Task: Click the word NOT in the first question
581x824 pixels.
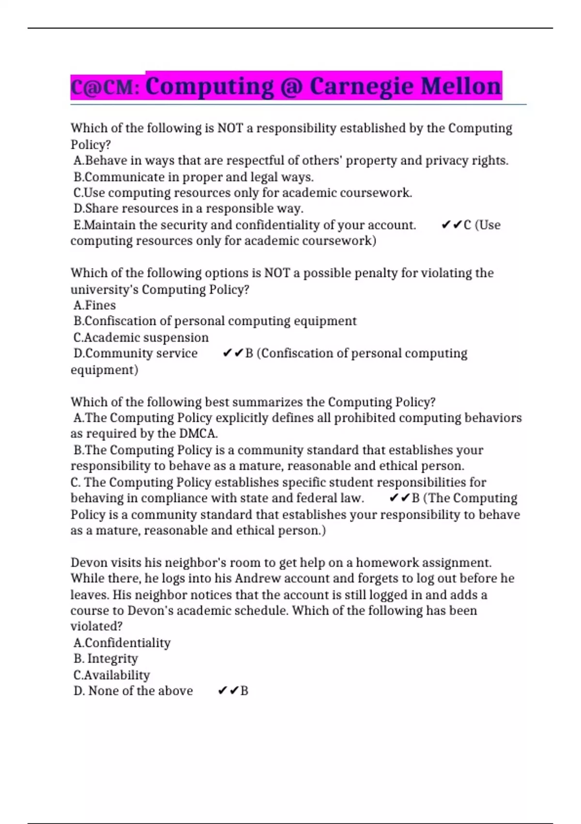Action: [230, 128]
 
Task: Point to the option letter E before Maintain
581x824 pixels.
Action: [78, 225]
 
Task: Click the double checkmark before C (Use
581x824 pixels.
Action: [451, 225]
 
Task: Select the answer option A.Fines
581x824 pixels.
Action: [95, 305]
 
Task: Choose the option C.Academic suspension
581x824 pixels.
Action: [141, 337]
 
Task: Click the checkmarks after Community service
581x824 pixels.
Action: [232, 353]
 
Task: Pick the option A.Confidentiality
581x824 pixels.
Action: [122, 643]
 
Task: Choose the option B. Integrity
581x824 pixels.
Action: [106, 659]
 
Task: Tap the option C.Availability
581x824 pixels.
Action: [112, 675]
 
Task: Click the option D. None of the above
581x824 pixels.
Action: [133, 691]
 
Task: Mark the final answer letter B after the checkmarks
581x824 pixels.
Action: [244, 691]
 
